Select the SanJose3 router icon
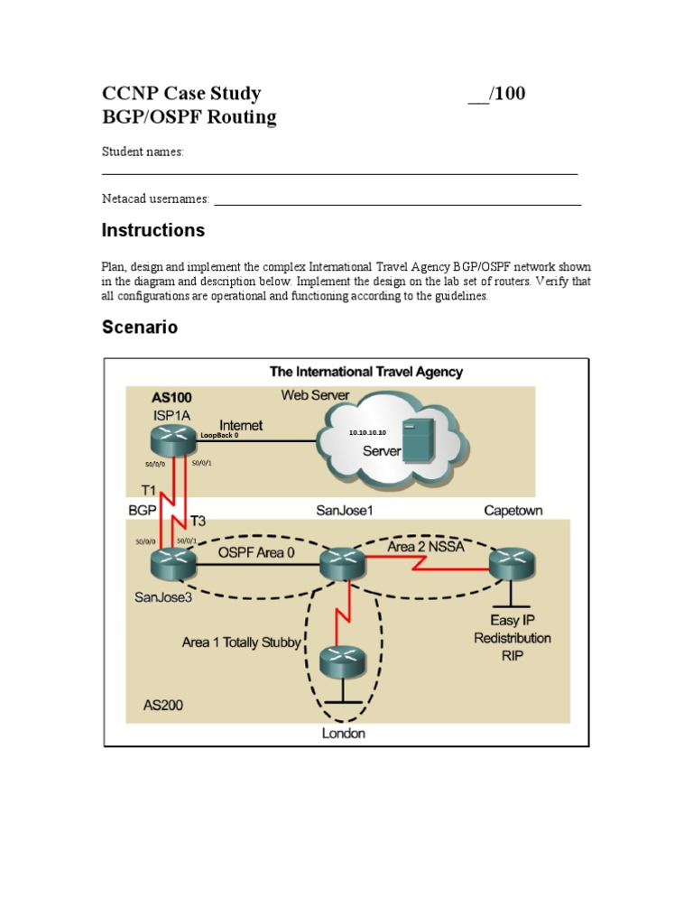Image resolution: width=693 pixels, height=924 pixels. (172, 564)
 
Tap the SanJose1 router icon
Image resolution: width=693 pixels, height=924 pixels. (343, 564)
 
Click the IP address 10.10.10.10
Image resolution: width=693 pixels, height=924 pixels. (367, 433)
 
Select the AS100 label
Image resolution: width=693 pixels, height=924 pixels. (171, 396)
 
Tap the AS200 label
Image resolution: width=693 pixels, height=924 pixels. (163, 705)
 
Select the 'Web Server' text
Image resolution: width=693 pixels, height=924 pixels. (315, 394)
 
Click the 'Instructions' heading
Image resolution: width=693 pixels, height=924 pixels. (152, 230)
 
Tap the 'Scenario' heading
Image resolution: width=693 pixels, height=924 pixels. (139, 328)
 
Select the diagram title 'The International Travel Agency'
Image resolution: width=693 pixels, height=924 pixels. (366, 371)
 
